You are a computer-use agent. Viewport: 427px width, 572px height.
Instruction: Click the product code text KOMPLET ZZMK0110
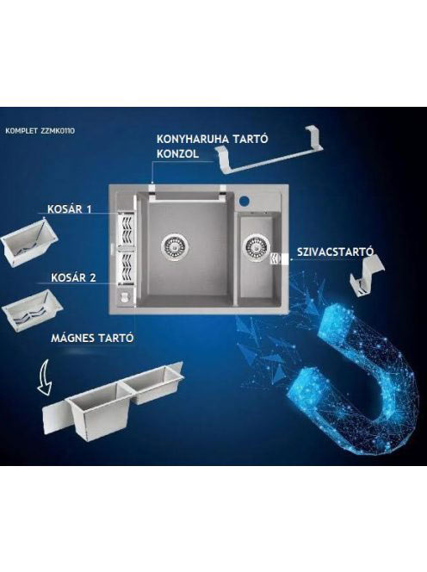40,131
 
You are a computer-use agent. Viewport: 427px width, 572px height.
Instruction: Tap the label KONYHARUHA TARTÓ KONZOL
213,146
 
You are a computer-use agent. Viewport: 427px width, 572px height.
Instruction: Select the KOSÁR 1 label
69,209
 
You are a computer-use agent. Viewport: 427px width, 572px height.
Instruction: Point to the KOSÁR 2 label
73,277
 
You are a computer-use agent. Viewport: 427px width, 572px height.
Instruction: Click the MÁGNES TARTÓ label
92,339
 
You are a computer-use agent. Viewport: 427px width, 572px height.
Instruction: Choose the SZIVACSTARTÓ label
336,252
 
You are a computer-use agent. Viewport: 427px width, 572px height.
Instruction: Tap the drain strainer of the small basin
257,248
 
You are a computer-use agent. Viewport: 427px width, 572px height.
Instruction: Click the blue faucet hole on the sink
244,200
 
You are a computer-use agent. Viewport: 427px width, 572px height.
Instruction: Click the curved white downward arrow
45,378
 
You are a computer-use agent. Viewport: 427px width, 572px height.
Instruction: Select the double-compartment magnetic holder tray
113,401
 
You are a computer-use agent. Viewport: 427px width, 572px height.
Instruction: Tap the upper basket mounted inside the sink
125,230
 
